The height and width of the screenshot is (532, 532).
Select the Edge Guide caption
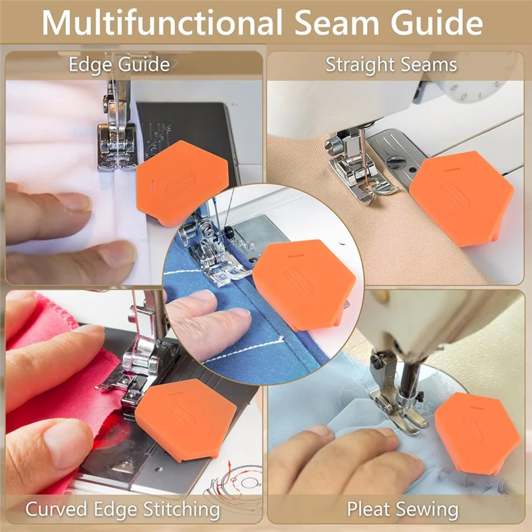click(119, 65)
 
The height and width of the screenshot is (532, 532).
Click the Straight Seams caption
click(391, 65)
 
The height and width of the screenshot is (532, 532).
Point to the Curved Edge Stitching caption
click(122, 510)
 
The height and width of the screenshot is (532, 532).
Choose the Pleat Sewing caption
click(402, 510)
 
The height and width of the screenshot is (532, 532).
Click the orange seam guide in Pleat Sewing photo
click(477, 433)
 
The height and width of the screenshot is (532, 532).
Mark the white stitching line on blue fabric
click(246, 348)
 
